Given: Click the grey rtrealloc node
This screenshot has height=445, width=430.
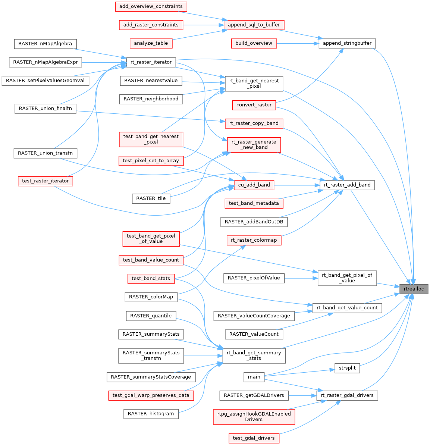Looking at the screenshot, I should click(414, 289).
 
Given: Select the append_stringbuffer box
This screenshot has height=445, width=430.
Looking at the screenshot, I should click(347, 43).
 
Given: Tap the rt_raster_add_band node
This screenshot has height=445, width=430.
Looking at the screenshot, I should click(347, 185).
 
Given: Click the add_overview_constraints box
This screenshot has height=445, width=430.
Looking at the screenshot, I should click(151, 6).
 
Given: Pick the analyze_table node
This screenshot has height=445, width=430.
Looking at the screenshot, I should click(151, 43).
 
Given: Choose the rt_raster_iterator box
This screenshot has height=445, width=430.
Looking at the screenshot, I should click(151, 62).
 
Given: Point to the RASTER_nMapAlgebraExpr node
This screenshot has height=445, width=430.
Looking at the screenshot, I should click(45, 62).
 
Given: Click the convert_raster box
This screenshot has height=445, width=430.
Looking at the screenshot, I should click(254, 105).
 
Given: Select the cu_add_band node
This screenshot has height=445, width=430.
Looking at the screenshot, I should click(254, 185).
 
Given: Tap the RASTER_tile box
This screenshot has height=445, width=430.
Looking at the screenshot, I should click(151, 198).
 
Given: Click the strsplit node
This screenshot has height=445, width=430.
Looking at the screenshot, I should click(347, 368).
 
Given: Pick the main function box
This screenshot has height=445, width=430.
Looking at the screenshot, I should click(254, 377).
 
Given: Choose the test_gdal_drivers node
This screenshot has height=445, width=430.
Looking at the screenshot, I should click(254, 438).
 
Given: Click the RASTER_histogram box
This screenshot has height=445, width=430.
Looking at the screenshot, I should click(151, 414).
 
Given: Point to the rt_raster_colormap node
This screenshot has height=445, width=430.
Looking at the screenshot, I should click(254, 240).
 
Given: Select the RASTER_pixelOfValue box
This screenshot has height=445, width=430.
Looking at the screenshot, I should click(254, 278).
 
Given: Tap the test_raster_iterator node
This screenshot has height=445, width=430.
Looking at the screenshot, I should click(45, 181).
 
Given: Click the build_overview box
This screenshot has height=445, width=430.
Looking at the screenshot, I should click(254, 43).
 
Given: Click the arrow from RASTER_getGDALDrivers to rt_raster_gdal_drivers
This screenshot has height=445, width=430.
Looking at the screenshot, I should click(302, 395).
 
